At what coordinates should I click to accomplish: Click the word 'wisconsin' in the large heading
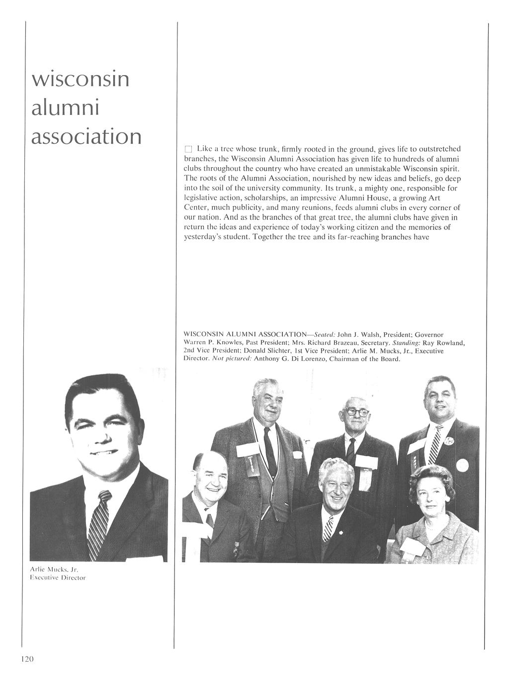pos(80,79)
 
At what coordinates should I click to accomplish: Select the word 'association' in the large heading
pos(86,136)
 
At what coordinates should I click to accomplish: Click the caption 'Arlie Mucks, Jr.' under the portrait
pos(52,569)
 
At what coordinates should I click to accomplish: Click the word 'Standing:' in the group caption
pos(407,343)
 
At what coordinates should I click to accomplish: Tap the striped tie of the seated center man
pos(328,527)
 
